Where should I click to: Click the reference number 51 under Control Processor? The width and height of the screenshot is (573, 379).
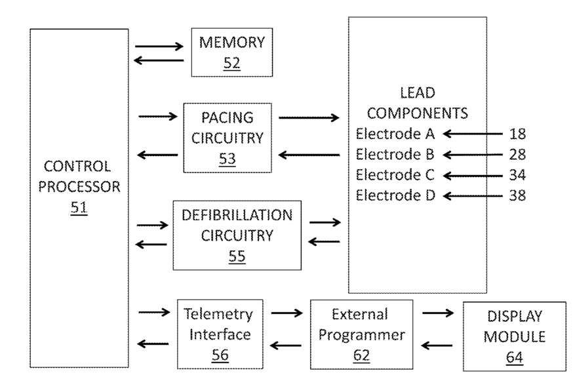(79, 208)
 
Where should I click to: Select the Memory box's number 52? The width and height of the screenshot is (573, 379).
(231, 63)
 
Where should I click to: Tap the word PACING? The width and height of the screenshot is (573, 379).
(227, 117)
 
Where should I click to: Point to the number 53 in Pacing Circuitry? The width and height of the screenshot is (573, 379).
(227, 159)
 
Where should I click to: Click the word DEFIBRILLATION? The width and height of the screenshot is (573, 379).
(237, 215)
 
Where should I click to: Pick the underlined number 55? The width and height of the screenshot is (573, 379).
(237, 256)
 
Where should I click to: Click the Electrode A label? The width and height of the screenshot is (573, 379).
(395, 134)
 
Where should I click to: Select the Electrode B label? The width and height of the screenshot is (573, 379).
(395, 154)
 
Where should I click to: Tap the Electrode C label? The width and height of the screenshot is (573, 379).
(395, 174)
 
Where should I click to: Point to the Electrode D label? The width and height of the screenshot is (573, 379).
(396, 195)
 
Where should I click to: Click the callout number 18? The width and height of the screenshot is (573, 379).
(517, 134)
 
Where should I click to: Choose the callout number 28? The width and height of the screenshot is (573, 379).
(517, 155)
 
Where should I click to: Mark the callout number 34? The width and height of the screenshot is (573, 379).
(517, 175)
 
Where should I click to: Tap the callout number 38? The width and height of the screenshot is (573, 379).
(517, 195)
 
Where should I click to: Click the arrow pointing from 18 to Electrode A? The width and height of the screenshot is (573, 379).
(473, 134)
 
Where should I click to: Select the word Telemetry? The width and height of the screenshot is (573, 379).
(218, 314)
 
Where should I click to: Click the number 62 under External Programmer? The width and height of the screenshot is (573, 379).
(361, 355)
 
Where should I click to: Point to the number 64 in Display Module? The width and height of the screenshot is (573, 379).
(515, 357)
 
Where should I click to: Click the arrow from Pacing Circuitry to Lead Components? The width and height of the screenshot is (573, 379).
(309, 117)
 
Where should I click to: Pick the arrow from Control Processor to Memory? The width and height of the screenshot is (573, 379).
(159, 47)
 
